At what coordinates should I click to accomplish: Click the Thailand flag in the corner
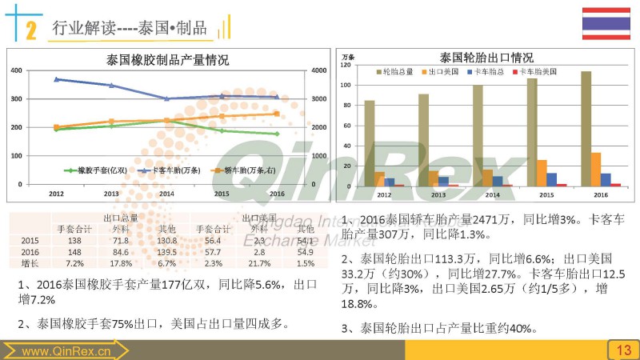(606, 22)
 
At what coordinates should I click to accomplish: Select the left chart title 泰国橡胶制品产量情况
(167, 59)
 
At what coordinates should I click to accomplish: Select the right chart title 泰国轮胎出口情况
(486, 58)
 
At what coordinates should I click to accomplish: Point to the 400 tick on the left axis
(17, 70)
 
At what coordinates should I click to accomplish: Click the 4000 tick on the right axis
(318, 70)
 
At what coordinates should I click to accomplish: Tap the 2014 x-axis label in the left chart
(166, 194)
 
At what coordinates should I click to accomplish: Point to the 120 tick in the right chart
(346, 64)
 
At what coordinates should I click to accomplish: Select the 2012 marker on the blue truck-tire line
(56, 79)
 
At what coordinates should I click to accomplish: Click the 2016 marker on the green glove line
(276, 134)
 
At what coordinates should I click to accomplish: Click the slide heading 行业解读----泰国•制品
(129, 29)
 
